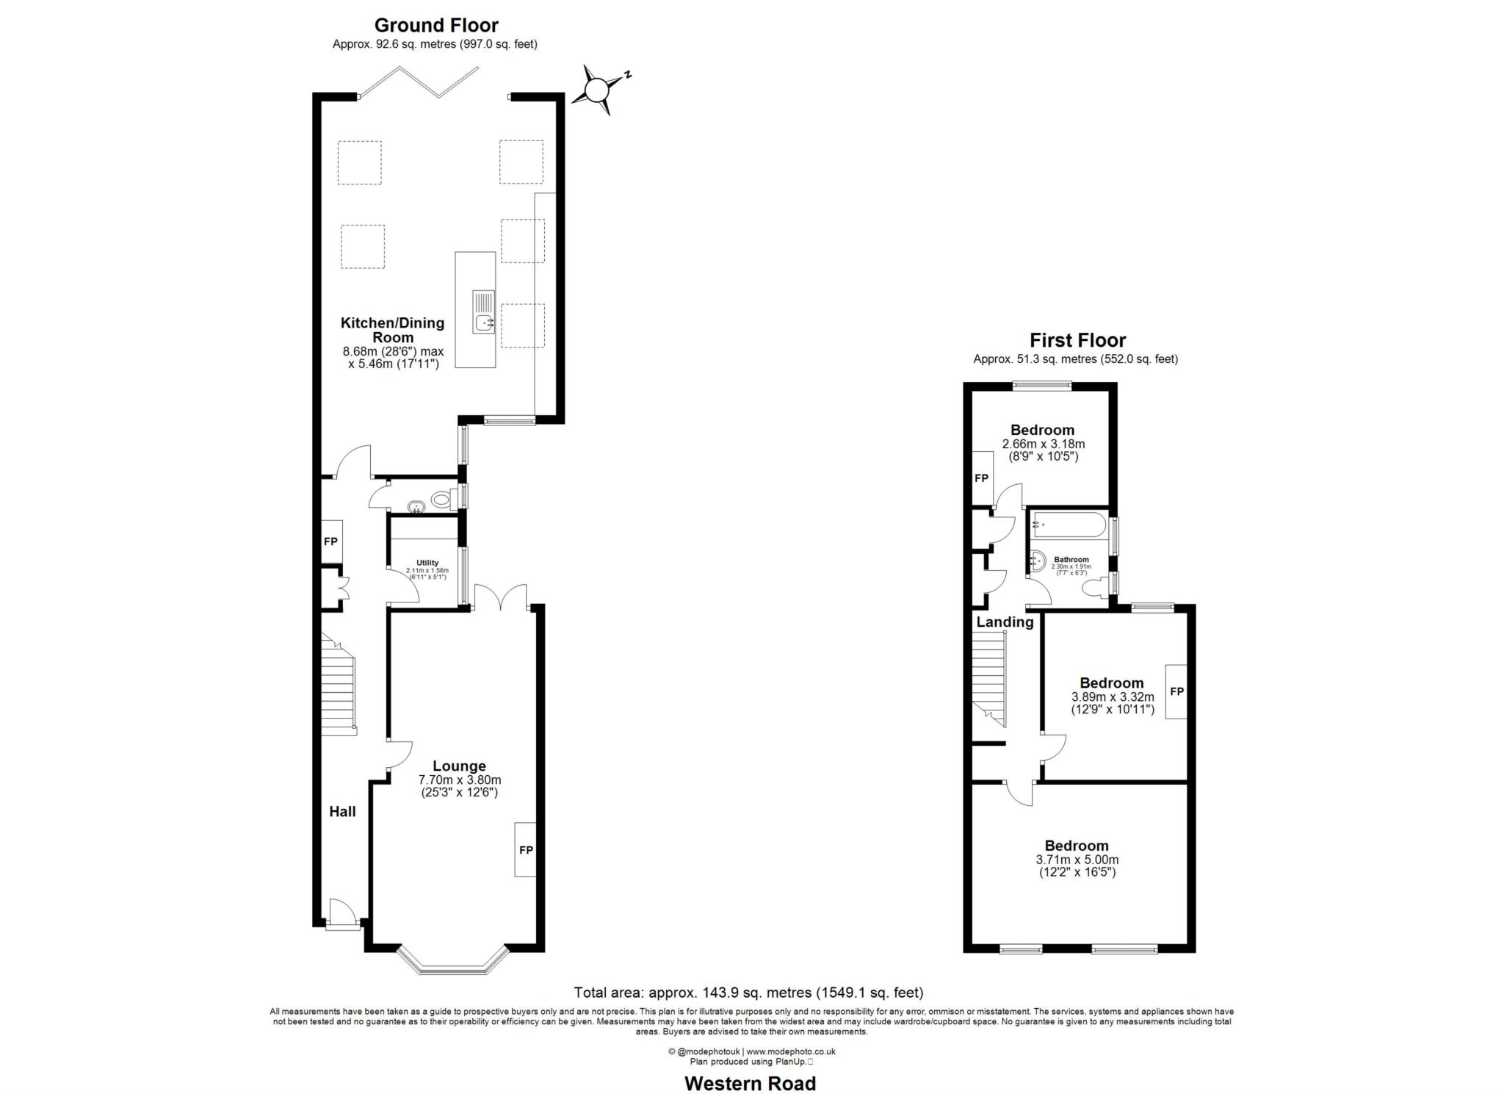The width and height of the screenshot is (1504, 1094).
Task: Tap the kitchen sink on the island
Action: (484, 312)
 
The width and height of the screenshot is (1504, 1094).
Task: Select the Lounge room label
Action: (459, 766)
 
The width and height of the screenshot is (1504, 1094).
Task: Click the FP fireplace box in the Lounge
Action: (525, 849)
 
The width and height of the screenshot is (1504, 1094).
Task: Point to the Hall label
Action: (342, 811)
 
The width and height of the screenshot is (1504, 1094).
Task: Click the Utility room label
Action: (427, 563)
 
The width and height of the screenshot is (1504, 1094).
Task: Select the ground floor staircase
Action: (339, 684)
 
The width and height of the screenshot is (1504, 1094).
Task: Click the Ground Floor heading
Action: (436, 25)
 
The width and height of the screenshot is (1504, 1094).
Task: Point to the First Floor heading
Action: (1077, 340)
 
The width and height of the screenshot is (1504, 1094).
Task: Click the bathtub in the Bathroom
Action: (1069, 525)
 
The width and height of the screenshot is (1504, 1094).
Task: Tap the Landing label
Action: (1005, 622)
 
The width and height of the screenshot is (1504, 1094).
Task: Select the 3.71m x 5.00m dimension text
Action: (1077, 860)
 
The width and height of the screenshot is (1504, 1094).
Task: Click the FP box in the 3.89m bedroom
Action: (1176, 691)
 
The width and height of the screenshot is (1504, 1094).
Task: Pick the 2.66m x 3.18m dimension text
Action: (1043, 444)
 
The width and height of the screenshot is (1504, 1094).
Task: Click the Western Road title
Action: (750, 1083)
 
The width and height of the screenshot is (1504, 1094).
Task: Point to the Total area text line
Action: (748, 993)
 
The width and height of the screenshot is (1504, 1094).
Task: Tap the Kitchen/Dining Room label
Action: (393, 330)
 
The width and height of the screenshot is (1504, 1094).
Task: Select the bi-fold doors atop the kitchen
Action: (419, 82)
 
